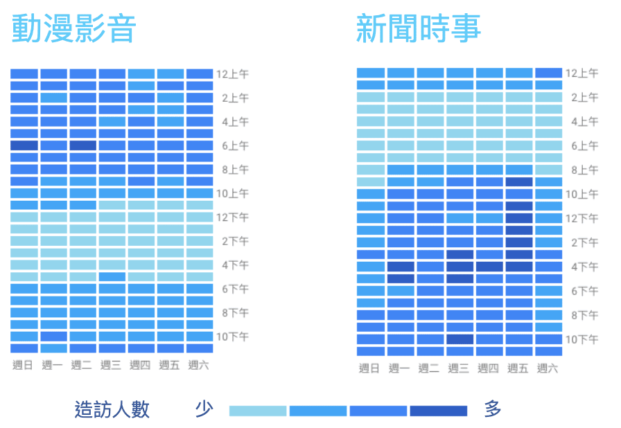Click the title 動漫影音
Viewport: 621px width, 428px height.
coord(74,28)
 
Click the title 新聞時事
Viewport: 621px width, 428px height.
coord(419,28)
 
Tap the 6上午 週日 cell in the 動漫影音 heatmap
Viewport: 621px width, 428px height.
coord(24,145)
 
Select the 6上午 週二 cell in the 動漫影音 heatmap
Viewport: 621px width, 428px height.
coord(82,145)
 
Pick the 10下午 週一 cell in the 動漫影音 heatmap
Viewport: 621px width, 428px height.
coord(54,336)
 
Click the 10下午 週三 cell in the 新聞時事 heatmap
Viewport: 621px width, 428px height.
coord(460,339)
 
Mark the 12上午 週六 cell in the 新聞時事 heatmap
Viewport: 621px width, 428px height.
coord(548,73)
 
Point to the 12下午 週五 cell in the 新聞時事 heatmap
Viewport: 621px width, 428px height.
coord(519,218)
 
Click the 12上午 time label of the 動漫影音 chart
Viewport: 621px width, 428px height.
coord(232,74)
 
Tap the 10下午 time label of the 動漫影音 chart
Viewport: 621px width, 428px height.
coord(232,337)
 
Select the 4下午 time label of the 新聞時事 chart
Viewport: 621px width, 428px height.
coord(584,267)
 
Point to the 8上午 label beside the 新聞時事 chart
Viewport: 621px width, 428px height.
coord(584,170)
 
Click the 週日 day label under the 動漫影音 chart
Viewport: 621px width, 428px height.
coord(23,365)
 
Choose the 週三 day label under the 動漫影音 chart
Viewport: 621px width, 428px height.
coord(110,365)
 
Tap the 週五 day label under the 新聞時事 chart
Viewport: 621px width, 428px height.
coord(518,368)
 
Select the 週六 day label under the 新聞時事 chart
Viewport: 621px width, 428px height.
coord(548,368)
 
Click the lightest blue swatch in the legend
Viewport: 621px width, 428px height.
coord(258,411)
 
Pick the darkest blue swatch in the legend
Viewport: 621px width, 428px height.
coord(439,411)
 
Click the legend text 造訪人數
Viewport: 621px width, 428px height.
coord(112,409)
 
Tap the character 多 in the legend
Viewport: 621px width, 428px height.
coord(493,409)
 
